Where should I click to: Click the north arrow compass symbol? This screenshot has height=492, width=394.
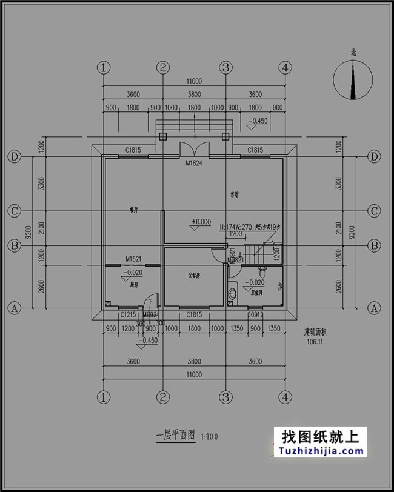point(353,81)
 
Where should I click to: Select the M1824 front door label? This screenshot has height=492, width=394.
point(194,162)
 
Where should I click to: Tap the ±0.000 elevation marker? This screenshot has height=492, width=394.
point(201,222)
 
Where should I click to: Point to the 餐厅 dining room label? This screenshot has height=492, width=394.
point(134,210)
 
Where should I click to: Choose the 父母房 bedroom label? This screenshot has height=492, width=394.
point(194,275)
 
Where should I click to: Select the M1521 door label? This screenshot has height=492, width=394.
point(133,259)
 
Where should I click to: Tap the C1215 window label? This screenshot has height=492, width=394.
point(127,314)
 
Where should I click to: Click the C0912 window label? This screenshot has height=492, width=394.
point(255,314)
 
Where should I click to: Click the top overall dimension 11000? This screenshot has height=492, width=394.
point(194,81)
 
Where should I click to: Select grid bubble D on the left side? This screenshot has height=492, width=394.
point(15,156)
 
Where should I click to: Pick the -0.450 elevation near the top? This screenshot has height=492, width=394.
point(258,121)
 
